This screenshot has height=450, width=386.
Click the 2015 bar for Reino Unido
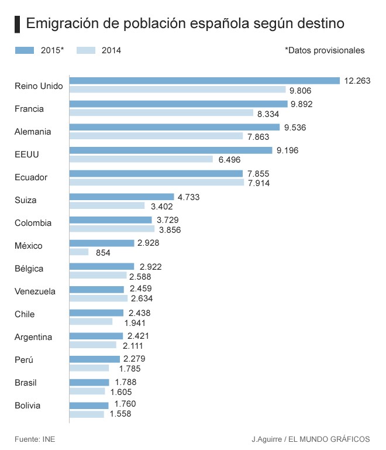tap(204, 81)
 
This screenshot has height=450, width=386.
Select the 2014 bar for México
tap(79, 252)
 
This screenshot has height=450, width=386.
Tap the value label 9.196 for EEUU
tap(288, 150)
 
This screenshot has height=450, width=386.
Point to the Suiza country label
tap(26, 200)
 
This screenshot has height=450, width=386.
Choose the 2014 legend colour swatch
tap(86, 50)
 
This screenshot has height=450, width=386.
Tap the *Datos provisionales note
tap(325, 50)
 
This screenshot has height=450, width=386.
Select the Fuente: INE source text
tap(35, 438)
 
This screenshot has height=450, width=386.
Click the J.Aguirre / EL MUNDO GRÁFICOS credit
tap(311, 438)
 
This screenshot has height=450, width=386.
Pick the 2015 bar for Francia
tap(178, 104)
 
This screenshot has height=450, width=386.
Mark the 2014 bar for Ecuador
tap(156, 183)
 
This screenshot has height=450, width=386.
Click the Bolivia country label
tap(27, 406)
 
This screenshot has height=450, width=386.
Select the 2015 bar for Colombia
tap(111, 219)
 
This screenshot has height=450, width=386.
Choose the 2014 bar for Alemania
tap(156, 136)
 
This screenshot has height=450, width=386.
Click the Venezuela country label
tap(35, 291)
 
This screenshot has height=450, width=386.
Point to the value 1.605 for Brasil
tap(122, 391)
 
